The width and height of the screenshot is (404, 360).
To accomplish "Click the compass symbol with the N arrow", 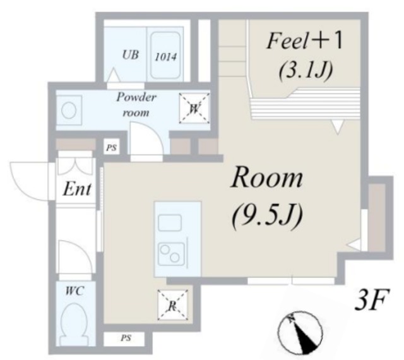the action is coord(300,333).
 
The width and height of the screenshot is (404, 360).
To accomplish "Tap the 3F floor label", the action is coord(371,300).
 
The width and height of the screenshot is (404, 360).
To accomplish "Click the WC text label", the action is coord(74,291).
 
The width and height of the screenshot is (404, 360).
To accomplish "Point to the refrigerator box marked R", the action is coord(172,305).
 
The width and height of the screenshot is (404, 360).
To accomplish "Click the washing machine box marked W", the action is coord(194,108).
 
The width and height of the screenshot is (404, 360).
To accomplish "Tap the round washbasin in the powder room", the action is coord(69,111).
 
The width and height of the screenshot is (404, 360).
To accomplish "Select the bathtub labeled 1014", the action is coord(165,55).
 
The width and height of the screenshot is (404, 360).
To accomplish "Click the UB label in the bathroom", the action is coord(131,55).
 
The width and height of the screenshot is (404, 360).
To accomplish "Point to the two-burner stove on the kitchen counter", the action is coord(172,254).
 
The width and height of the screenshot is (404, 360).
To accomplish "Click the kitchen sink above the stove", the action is coord(170,223).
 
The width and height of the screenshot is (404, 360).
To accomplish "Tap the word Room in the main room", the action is coord(267,178).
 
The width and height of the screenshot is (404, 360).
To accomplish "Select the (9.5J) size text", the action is coord(267,215).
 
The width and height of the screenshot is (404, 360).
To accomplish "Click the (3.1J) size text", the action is coord(306,69).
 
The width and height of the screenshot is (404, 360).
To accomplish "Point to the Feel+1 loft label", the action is coord(304,41).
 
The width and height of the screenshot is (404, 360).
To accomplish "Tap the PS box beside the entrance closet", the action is coord(112,148).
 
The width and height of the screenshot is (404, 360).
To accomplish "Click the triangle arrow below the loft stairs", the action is coord(338,127).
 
